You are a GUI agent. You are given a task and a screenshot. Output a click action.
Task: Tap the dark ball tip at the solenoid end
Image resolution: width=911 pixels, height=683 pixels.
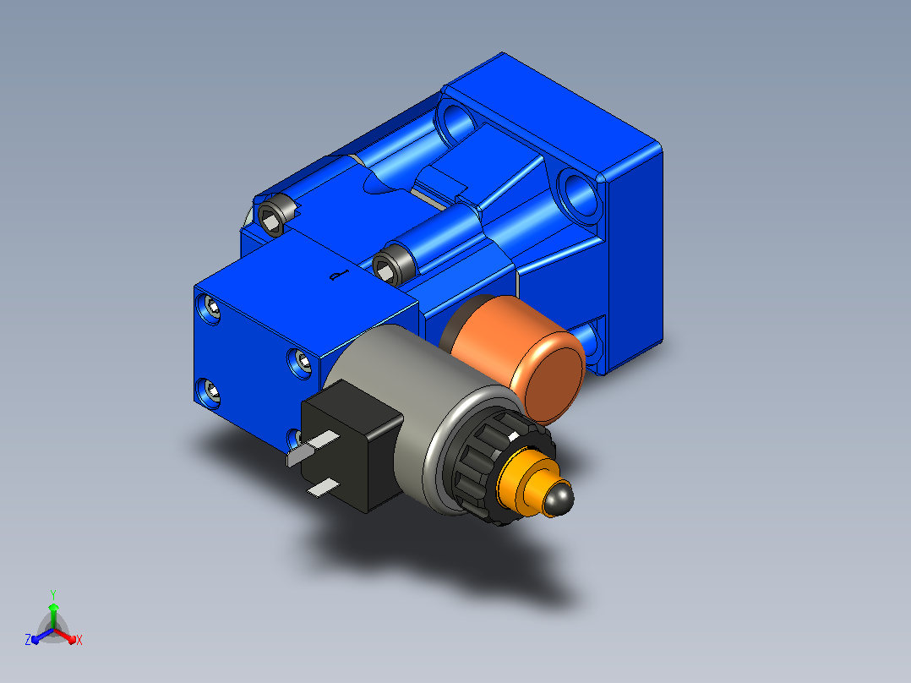[x=559, y=499]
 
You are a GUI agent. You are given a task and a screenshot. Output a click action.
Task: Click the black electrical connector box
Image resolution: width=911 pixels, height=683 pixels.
[x=352, y=445]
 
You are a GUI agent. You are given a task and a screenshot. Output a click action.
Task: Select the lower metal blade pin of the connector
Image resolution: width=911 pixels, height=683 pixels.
[x=323, y=489]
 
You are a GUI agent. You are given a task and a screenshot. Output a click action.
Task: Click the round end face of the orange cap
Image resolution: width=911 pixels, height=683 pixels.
[x=554, y=378]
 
